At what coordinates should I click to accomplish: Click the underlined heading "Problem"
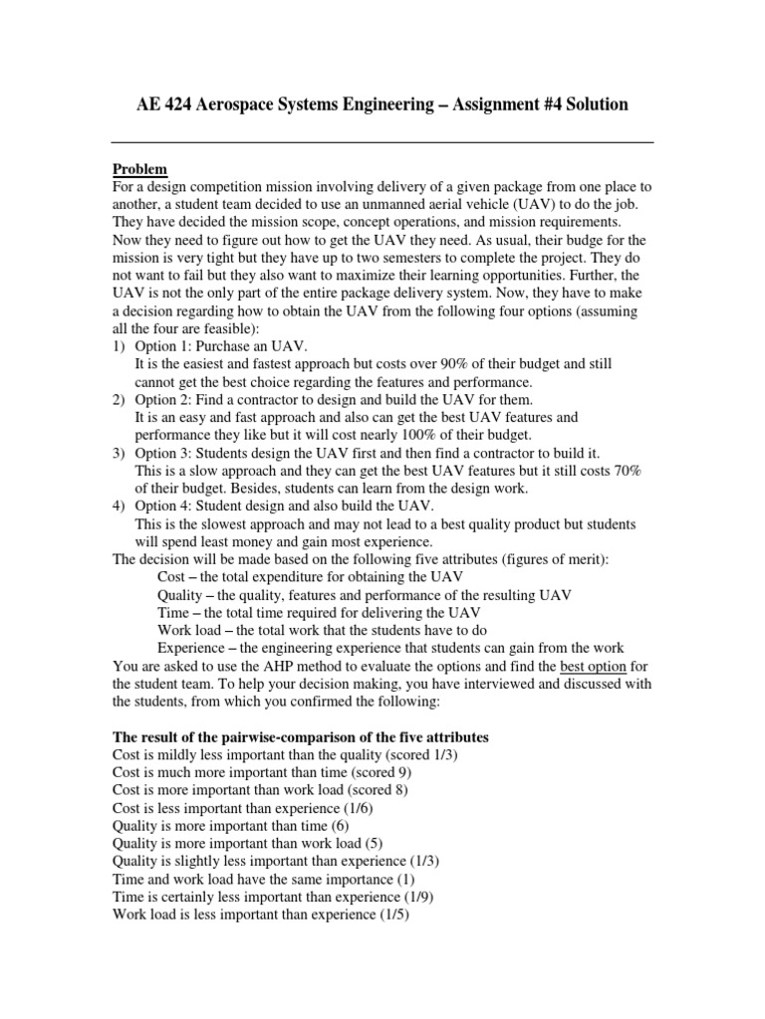pyautogui.click(x=139, y=168)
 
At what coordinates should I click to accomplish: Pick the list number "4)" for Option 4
pyautogui.click(x=121, y=507)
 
